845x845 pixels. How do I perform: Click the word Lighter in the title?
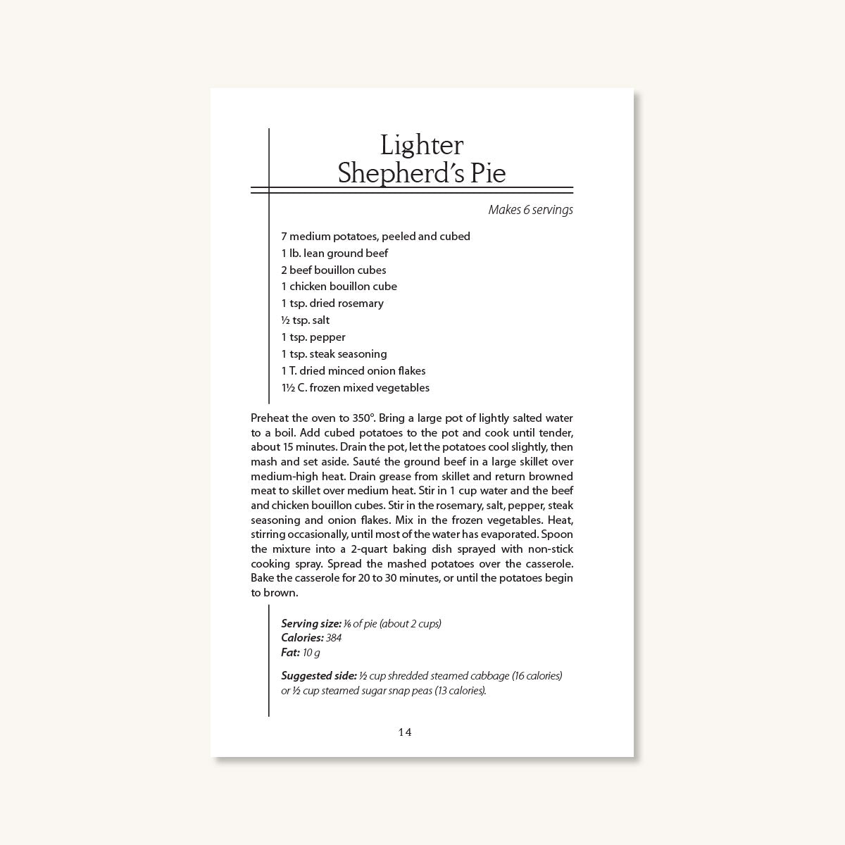tap(422, 146)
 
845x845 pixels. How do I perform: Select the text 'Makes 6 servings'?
tap(530, 210)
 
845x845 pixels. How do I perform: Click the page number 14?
tap(405, 732)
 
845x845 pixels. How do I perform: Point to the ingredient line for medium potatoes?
tap(375, 237)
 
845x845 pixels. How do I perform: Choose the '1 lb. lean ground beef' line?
tap(334, 254)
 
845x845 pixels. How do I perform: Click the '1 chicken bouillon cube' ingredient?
tap(339, 287)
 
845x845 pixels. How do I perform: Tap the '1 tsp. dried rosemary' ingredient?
tap(332, 303)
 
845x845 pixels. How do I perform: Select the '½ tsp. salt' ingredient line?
tap(305, 320)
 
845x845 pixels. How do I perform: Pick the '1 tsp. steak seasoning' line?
tap(334, 354)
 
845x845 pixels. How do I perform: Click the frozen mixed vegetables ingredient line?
tap(355, 388)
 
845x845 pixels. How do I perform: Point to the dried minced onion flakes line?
tap(353, 371)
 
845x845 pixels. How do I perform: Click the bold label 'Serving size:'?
tap(311, 624)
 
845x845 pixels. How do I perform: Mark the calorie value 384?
tap(334, 638)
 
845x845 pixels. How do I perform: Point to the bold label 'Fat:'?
tap(290, 653)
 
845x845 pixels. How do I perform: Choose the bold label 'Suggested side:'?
tap(319, 676)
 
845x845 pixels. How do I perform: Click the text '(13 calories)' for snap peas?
tap(460, 691)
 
